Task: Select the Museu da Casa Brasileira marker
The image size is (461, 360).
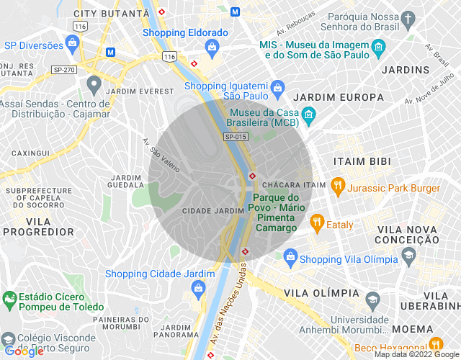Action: pos(308,114)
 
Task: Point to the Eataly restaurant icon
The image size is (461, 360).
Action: pos(315,222)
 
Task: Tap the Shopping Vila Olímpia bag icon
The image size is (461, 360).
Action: pos(290,256)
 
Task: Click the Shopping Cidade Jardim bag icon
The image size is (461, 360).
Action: pos(197,289)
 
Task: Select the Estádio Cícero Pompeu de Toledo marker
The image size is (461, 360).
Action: pos(9,297)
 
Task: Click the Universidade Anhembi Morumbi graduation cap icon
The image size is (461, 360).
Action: pos(372,298)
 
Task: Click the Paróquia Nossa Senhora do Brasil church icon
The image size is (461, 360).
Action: pos(408,19)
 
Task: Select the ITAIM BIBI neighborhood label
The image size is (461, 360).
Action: pos(360,161)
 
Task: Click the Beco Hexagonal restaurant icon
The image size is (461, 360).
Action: pos(435,345)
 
